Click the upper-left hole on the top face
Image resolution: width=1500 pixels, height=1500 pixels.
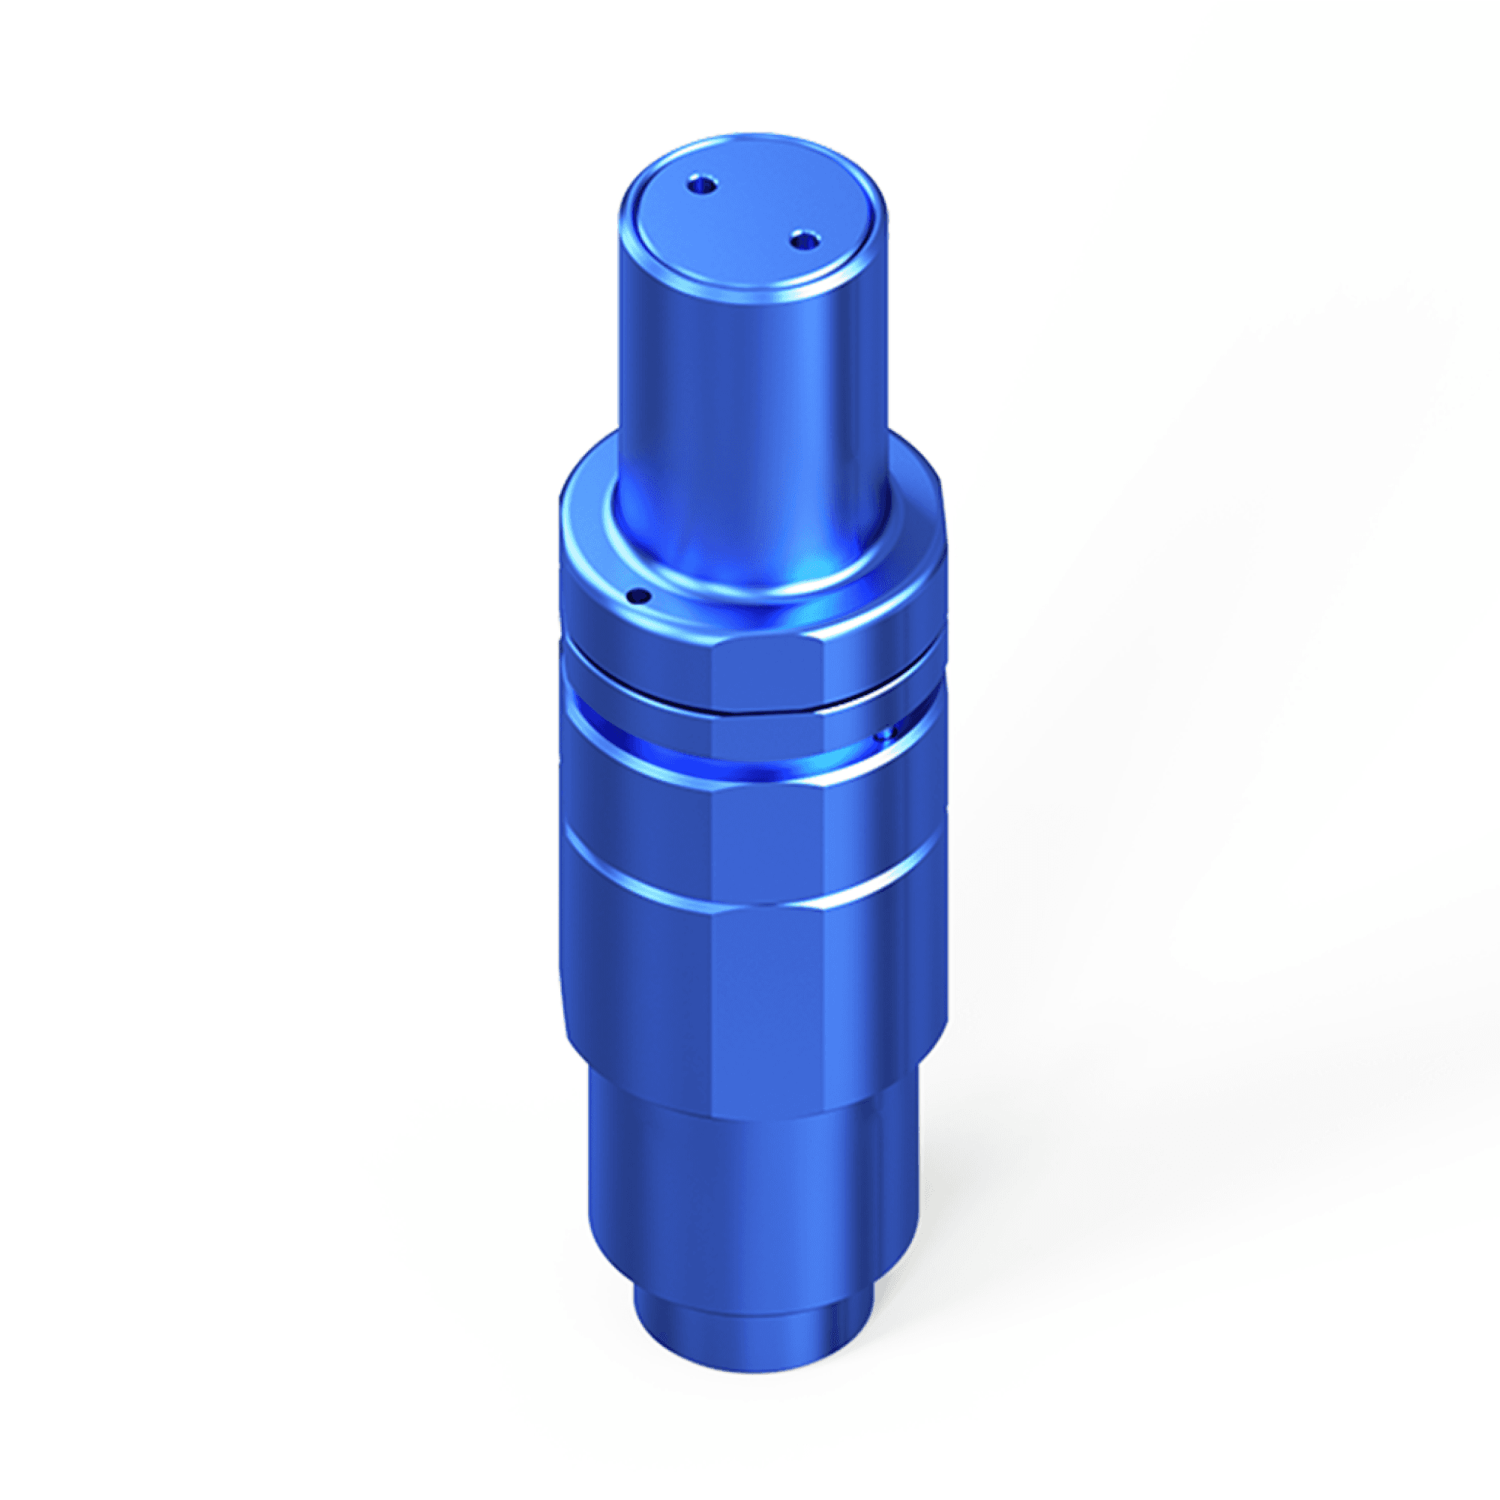pos(701,186)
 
